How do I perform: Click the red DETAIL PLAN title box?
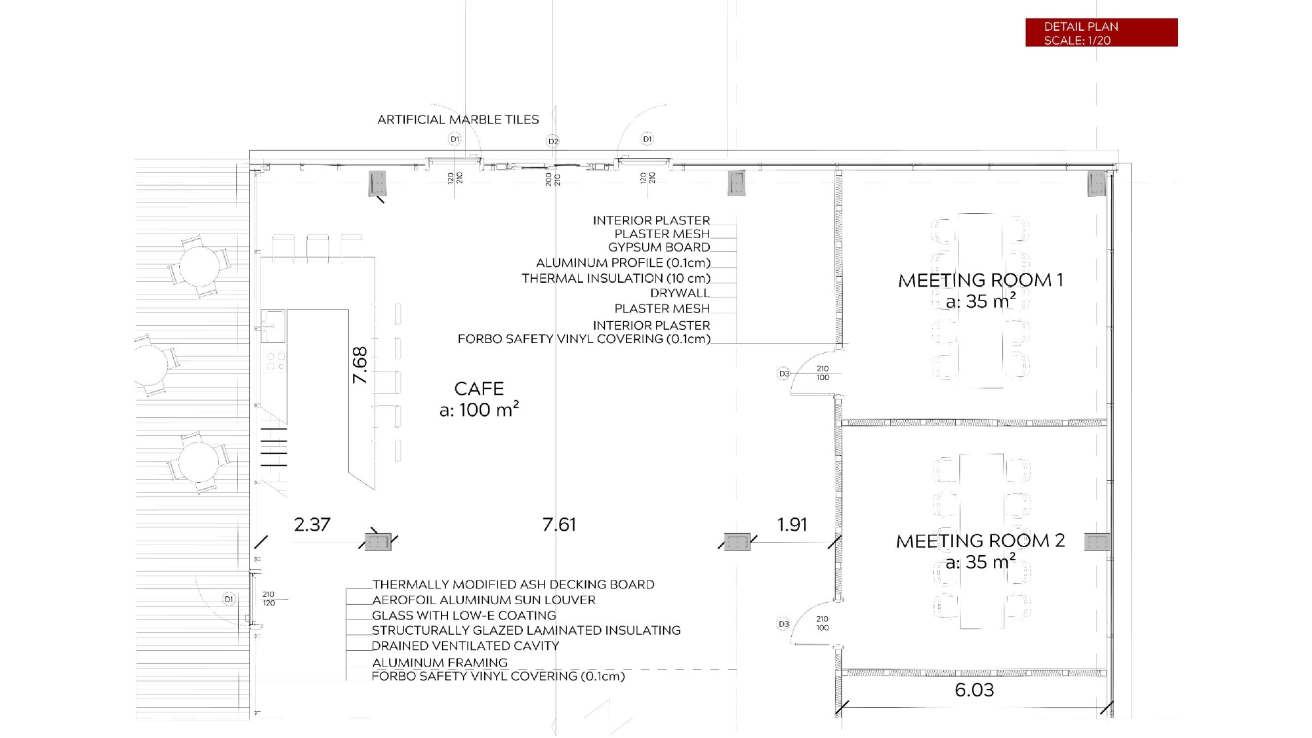point(1101,33)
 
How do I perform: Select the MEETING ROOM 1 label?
point(980,281)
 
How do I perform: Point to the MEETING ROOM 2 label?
point(980,541)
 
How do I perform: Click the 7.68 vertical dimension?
point(360,365)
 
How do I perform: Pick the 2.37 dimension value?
point(312,525)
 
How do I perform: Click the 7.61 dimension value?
point(559,525)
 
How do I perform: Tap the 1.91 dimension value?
point(792,525)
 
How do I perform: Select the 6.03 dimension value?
point(974,690)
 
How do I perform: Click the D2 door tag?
point(552,141)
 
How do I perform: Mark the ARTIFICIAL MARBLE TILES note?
point(458,120)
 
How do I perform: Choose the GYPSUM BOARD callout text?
point(659,247)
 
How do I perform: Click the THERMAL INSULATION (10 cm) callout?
point(616,279)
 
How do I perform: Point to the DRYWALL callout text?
point(680,293)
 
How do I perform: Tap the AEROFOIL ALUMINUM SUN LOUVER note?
point(483,600)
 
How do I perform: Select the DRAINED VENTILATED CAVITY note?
point(465,646)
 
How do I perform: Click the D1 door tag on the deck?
point(229,599)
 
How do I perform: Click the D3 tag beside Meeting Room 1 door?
point(783,374)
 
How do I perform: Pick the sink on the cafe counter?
point(273,326)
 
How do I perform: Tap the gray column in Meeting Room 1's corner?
point(1096,183)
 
